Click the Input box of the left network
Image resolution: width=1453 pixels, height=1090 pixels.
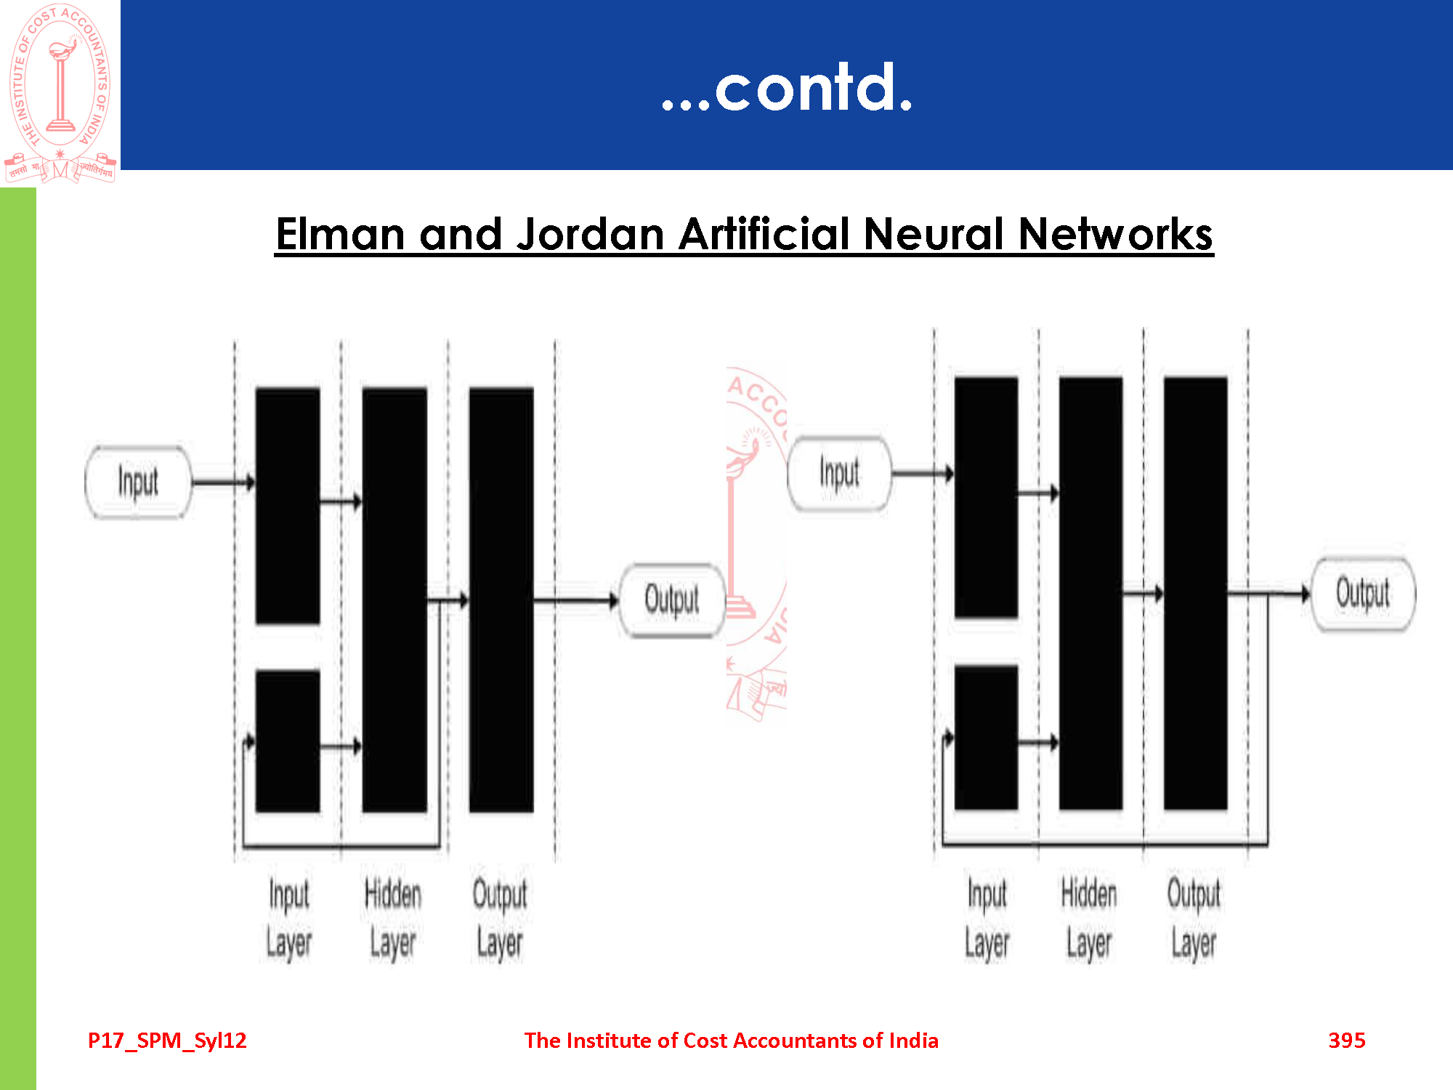138,482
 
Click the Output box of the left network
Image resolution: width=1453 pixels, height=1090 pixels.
672,600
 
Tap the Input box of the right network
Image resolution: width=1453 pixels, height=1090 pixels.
840,474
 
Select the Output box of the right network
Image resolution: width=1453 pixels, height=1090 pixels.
1363,594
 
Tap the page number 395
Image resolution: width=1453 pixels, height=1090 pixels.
1347,1041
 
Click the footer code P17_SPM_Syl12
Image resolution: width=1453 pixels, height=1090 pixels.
167,1041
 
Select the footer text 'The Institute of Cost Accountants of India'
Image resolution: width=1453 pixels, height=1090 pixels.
731,1041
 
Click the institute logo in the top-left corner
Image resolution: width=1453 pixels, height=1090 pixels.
60,93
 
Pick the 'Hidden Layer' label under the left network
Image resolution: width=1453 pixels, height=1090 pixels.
393,919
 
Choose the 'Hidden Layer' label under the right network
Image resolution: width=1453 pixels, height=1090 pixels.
1089,919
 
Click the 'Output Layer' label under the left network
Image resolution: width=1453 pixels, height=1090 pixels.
500,919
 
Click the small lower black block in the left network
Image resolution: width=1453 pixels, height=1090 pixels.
288,741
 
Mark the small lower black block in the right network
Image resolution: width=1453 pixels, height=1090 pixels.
986,738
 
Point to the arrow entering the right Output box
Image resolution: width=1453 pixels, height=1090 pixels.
1270,594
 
